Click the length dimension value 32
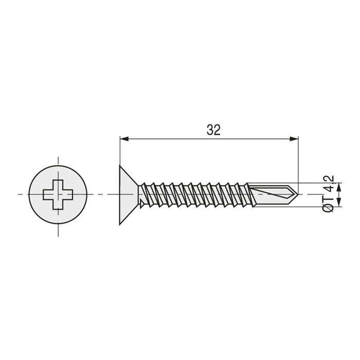[213, 130]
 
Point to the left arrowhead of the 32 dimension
[124, 138]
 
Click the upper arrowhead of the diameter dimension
[339, 186]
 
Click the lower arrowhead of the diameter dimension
[339, 204]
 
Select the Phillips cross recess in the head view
[58, 195]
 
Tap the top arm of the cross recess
[58, 184]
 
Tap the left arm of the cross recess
[47, 195]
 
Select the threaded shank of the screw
[195, 195]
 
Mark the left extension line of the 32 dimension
[120, 152]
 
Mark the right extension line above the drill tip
[298, 159]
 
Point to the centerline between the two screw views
[103, 195]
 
